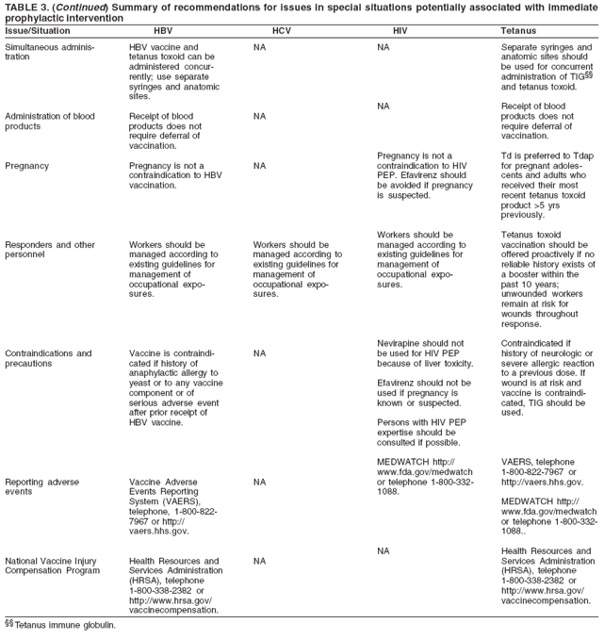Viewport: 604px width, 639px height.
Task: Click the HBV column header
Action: tap(162, 31)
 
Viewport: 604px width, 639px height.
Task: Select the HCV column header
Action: tap(280, 31)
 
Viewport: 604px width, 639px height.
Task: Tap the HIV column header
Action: tap(400, 31)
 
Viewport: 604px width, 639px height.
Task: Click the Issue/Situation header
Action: tap(38, 31)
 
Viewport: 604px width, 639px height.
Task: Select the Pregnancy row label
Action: tap(28, 165)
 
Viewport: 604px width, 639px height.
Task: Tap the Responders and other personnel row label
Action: tap(50, 250)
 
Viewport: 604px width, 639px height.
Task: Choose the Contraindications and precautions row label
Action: tap(48, 358)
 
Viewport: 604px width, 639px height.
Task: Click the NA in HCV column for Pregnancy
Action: tap(260, 165)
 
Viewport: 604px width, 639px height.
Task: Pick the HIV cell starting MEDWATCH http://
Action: tap(424, 476)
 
